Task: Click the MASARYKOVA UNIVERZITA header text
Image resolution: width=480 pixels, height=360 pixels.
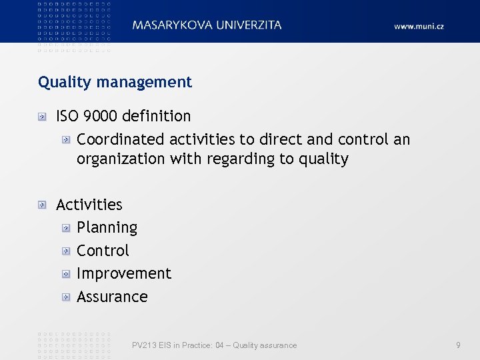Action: pos(207,25)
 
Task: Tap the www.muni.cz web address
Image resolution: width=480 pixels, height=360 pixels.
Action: pos(419,26)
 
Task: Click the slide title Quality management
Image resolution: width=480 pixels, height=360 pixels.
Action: pos(115,82)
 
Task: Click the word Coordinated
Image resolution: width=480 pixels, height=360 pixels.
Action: pos(120,139)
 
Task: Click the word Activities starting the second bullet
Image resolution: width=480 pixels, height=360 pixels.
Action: pos(89,205)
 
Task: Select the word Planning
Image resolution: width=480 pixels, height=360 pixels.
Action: pos(107,227)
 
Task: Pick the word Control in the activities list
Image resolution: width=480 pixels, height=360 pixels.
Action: pos(103,251)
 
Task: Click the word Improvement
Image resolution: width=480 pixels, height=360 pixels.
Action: pos(124,273)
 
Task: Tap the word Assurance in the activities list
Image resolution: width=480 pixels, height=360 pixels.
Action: pos(112,297)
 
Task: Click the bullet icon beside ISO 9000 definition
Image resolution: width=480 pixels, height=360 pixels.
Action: pos(43,117)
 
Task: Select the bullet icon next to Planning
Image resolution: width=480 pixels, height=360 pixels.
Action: pos(66,228)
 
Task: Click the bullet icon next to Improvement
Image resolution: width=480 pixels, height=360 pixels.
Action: pos(66,274)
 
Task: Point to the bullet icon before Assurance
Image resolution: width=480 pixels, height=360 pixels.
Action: pos(66,297)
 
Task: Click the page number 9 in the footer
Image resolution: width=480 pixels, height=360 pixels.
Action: pos(458,345)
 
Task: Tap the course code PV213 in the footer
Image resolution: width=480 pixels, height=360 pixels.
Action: pos(143,345)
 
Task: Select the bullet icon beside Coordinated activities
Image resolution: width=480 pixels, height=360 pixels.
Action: pos(66,140)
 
